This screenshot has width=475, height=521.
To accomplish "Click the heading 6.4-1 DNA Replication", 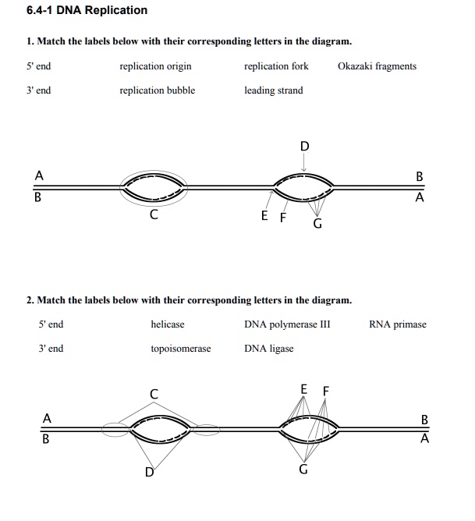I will pos(75,10).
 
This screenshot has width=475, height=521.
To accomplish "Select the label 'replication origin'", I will pos(155,66).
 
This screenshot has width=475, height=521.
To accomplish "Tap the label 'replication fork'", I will pos(276,66).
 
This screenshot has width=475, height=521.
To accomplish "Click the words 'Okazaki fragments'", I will pos(377,66).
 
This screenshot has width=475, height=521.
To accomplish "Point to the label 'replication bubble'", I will pos(157,90).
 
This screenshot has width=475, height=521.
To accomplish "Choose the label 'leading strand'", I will pos(273,90).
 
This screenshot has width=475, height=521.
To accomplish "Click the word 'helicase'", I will pos(168,324).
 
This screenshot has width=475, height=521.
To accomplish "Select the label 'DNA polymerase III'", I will pos(287,324).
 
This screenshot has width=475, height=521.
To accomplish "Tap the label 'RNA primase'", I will pos(398,324).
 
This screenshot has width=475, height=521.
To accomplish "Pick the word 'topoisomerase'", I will pos(180,349).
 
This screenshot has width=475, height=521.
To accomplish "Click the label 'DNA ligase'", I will pos(268,349).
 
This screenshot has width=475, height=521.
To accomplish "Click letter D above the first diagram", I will pos(304,146).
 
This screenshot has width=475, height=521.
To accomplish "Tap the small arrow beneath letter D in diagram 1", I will pos(304,164).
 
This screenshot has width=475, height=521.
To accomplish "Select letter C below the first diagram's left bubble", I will pos(154,214).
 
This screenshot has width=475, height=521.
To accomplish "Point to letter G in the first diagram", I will pos(317,224).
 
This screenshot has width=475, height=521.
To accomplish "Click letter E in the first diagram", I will pos(266,216).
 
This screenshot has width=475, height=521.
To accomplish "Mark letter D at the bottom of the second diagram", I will pos(148,471).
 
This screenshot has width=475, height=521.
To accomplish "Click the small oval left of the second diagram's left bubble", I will pos(115,427).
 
